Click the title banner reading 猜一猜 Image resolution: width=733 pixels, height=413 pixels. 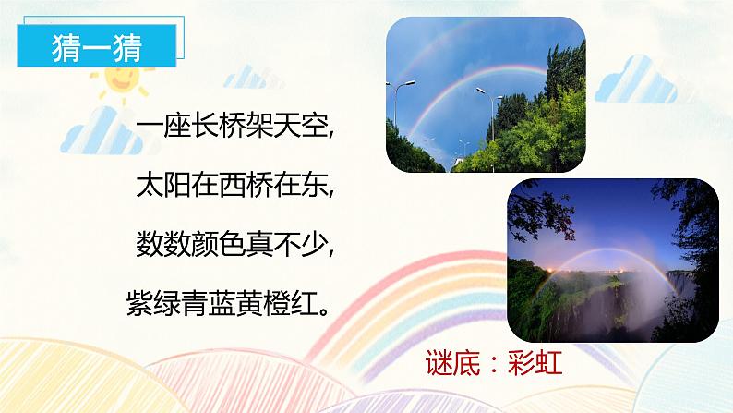[96, 47]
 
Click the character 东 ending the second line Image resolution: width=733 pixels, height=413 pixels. [311, 181]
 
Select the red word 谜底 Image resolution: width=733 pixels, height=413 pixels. [454, 363]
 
